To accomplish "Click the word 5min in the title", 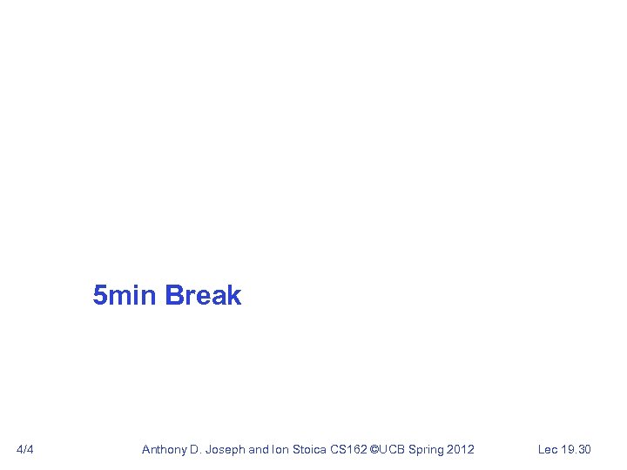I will tap(125, 296).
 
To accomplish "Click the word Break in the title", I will tap(202, 296).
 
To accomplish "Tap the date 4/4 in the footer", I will tap(25, 449).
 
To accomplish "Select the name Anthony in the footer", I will tap(165, 449).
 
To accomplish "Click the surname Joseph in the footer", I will tap(226, 449).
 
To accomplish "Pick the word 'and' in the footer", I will tap(259, 449).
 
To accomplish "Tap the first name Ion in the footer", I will tap(281, 449).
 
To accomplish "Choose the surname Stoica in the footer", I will tap(310, 449).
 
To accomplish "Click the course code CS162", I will tap(348, 449).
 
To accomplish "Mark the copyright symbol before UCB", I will tap(375, 449).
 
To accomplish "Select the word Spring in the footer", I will tap(426, 449).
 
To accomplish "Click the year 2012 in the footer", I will tap(461, 449).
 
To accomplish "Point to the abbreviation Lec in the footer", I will tap(548, 449).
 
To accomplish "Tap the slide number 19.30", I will tap(576, 449).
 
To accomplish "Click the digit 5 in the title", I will tap(100, 296).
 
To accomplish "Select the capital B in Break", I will tap(172, 296).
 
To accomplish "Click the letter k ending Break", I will tap(233, 296).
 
